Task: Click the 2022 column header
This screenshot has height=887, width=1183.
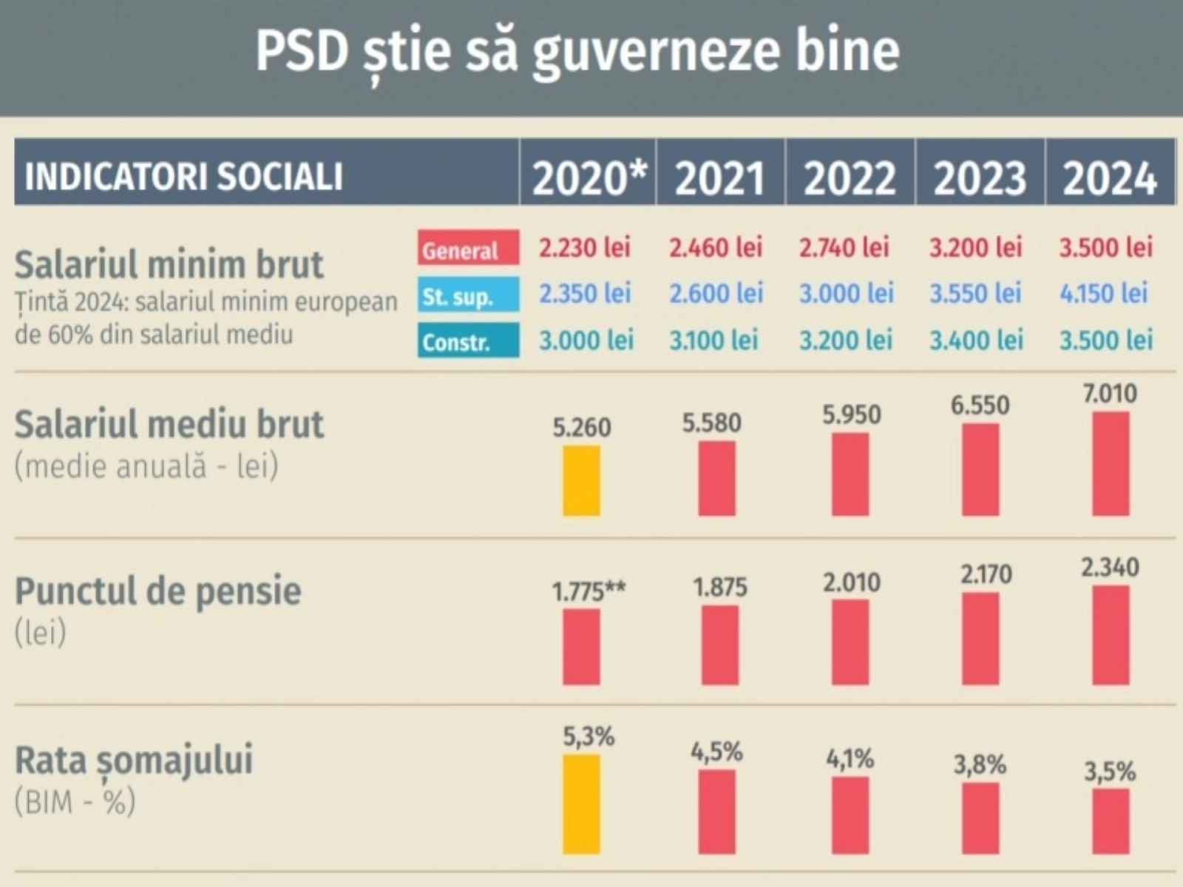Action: tap(850, 178)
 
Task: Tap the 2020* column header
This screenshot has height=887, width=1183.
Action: tap(589, 178)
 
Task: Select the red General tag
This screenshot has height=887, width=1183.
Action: tap(468, 249)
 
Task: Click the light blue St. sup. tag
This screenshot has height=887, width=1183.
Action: tap(468, 296)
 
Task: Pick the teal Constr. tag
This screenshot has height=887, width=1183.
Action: tap(468, 341)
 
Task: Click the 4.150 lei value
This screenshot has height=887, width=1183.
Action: tap(1104, 293)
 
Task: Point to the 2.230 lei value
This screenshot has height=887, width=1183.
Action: tap(584, 248)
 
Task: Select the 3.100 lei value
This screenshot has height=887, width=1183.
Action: tap(714, 340)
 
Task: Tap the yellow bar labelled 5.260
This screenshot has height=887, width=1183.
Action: tap(581, 480)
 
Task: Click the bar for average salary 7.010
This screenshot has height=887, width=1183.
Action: tap(1111, 463)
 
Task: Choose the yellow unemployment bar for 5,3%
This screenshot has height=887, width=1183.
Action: tap(581, 804)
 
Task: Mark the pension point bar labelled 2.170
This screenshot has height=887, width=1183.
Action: tap(980, 639)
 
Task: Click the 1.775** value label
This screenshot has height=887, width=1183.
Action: tap(589, 591)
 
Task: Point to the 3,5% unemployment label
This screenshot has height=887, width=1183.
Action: tap(1110, 772)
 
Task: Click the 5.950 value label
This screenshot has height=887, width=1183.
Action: tap(851, 415)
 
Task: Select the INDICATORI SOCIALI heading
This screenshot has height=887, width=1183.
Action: tap(183, 177)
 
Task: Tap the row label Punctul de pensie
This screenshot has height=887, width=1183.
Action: tap(158, 591)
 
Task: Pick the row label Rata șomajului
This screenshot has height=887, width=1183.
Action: tap(134, 760)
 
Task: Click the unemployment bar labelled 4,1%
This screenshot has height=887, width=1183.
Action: tap(850, 815)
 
